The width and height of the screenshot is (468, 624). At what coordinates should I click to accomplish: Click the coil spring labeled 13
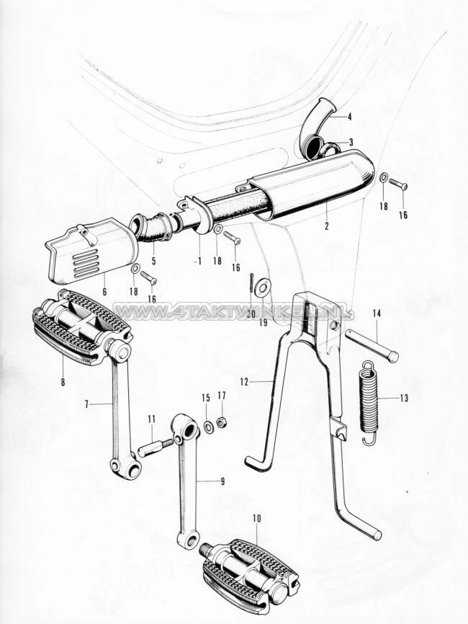point(369,401)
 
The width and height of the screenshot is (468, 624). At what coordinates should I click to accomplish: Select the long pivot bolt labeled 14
point(372,345)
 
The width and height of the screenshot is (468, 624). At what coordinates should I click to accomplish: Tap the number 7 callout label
point(87,404)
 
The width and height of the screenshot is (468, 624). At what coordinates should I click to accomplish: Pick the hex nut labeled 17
point(222,422)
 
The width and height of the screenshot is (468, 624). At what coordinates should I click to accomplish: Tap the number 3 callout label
point(351,142)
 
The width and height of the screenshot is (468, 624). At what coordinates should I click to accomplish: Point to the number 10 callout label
point(258,517)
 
